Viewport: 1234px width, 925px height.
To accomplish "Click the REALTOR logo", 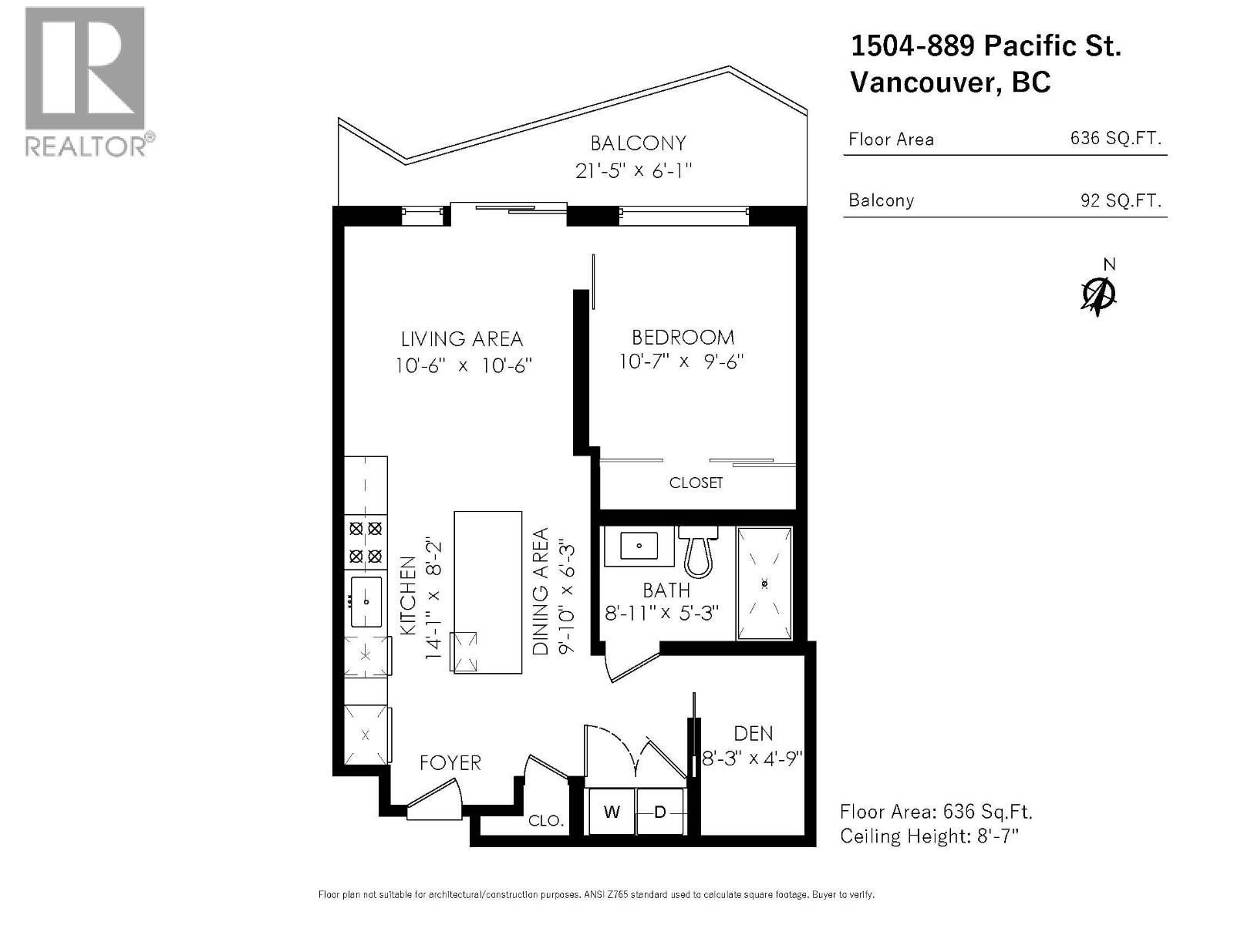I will click(85, 81).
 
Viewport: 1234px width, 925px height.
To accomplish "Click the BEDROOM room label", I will click(683, 337).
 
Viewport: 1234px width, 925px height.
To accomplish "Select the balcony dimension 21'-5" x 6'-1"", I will click(633, 170).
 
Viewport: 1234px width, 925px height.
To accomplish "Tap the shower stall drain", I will click(764, 584).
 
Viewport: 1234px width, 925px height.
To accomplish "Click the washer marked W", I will click(612, 812).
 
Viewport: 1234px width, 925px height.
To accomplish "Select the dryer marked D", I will click(660, 812).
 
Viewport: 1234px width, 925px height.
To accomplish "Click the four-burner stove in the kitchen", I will click(366, 542).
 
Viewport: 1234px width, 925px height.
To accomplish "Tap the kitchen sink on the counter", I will click(366, 601).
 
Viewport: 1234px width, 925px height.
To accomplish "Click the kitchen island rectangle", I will click(487, 592).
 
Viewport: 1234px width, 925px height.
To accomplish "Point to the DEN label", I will click(753, 733).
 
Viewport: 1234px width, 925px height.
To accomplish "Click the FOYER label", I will click(450, 762).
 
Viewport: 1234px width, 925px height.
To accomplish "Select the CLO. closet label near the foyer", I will click(545, 821).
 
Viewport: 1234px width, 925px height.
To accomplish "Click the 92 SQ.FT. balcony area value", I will click(1120, 200).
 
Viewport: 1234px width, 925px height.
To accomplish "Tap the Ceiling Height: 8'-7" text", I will click(929, 836).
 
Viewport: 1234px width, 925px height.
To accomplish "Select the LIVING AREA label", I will click(461, 338).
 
